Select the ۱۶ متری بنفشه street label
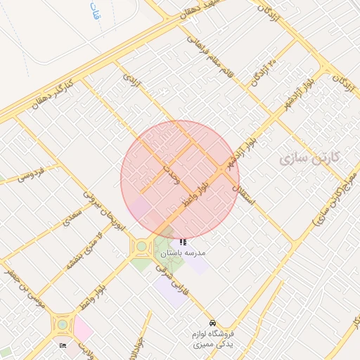coord(84,252)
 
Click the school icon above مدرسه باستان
coord(184,242)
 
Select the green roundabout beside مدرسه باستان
coord(141,247)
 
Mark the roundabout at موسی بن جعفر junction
coord(63,324)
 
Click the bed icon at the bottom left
coord(63,345)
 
